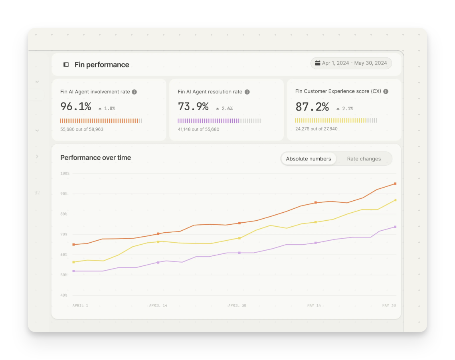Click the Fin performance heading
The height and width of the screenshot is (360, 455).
pos(102,65)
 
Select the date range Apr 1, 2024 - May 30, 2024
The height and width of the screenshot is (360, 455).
pos(351,63)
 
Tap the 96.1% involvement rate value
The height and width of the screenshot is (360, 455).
pos(76,107)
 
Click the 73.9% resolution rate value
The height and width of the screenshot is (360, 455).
pos(193,107)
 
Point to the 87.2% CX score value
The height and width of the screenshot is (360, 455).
pos(312,107)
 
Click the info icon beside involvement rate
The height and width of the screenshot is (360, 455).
pos(135,92)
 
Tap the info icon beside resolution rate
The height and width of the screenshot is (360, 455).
pos(247,92)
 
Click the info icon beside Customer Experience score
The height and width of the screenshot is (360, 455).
pos(386,91)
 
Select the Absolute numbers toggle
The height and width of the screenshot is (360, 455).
pos(309,159)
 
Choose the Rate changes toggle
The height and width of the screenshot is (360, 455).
pos(364,159)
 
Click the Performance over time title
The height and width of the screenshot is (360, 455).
pos(96,158)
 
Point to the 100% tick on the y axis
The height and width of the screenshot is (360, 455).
pos(65,174)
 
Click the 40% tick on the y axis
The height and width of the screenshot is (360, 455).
pos(64,295)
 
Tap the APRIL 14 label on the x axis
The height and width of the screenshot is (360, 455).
pos(158,305)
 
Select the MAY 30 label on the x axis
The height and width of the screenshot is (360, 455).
pos(389,305)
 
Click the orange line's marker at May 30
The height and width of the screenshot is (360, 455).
pos(395,184)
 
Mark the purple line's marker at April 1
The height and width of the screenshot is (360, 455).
pos(73,271)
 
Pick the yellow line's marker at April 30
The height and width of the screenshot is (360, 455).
pos(239,238)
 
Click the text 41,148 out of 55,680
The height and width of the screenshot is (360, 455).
pos(198,129)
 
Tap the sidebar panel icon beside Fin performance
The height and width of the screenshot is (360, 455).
pos(66,65)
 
